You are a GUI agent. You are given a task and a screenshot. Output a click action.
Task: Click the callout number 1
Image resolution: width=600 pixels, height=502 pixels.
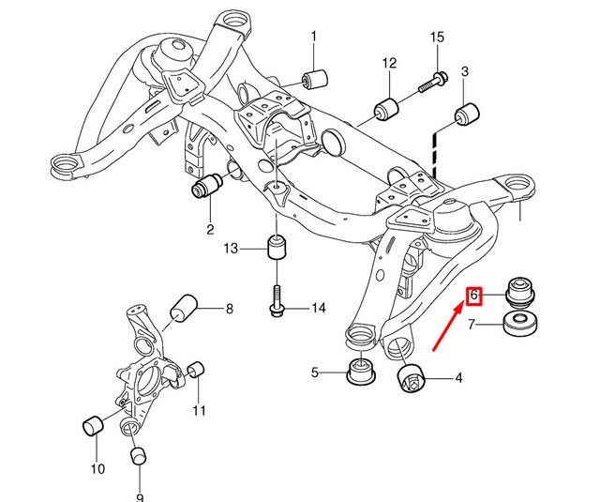[x=313, y=37]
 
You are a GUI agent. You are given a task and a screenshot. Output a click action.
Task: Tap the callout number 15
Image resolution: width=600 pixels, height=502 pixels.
[x=436, y=37]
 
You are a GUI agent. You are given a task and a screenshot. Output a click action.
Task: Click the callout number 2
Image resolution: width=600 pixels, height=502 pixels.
[x=209, y=228]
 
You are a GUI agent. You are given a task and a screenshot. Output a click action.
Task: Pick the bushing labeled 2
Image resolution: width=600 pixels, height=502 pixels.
[x=205, y=187]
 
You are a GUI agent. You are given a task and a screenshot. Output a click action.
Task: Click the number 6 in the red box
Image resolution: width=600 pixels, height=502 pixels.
[x=474, y=296]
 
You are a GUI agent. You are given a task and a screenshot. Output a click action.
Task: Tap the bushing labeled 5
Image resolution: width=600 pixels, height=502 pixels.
[x=360, y=372]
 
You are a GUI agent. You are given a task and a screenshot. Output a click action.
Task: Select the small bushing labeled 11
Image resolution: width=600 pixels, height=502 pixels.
[x=196, y=373]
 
